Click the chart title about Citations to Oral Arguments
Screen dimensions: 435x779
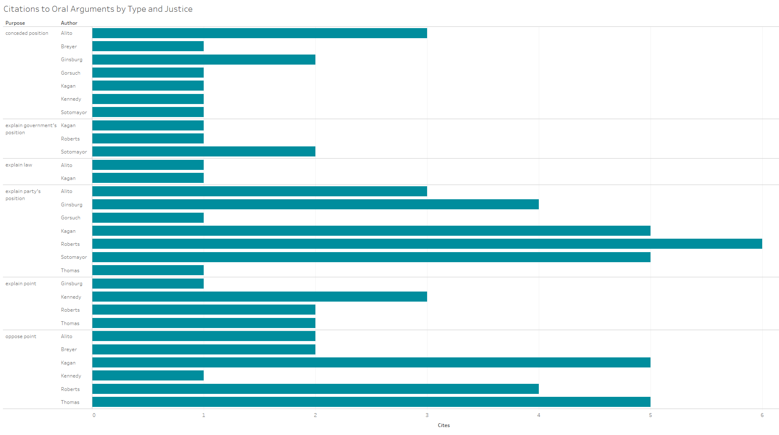tap(98, 9)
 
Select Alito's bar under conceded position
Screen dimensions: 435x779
tap(260, 33)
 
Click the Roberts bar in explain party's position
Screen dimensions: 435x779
tap(427, 244)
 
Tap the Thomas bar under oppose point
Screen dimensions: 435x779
tap(371, 402)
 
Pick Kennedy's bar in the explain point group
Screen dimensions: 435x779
tap(260, 297)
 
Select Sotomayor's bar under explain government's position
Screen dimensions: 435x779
tap(204, 151)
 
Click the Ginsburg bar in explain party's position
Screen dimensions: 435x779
tap(315, 204)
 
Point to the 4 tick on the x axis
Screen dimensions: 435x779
tap(539, 415)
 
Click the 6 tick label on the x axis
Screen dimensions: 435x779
tap(762, 415)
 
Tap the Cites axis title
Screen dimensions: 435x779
tap(443, 425)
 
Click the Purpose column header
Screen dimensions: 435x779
tap(15, 23)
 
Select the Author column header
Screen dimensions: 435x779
tap(69, 23)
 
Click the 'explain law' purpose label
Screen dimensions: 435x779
tap(19, 165)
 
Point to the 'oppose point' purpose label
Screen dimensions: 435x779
tap(21, 336)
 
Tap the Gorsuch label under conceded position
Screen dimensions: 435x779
tap(71, 73)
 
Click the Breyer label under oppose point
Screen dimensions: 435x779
tap(69, 349)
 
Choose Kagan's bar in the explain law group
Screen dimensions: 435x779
tap(148, 178)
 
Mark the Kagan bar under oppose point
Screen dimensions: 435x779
tap(371, 362)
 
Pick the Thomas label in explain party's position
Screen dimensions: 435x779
tap(70, 271)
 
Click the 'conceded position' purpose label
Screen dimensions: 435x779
tap(27, 33)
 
